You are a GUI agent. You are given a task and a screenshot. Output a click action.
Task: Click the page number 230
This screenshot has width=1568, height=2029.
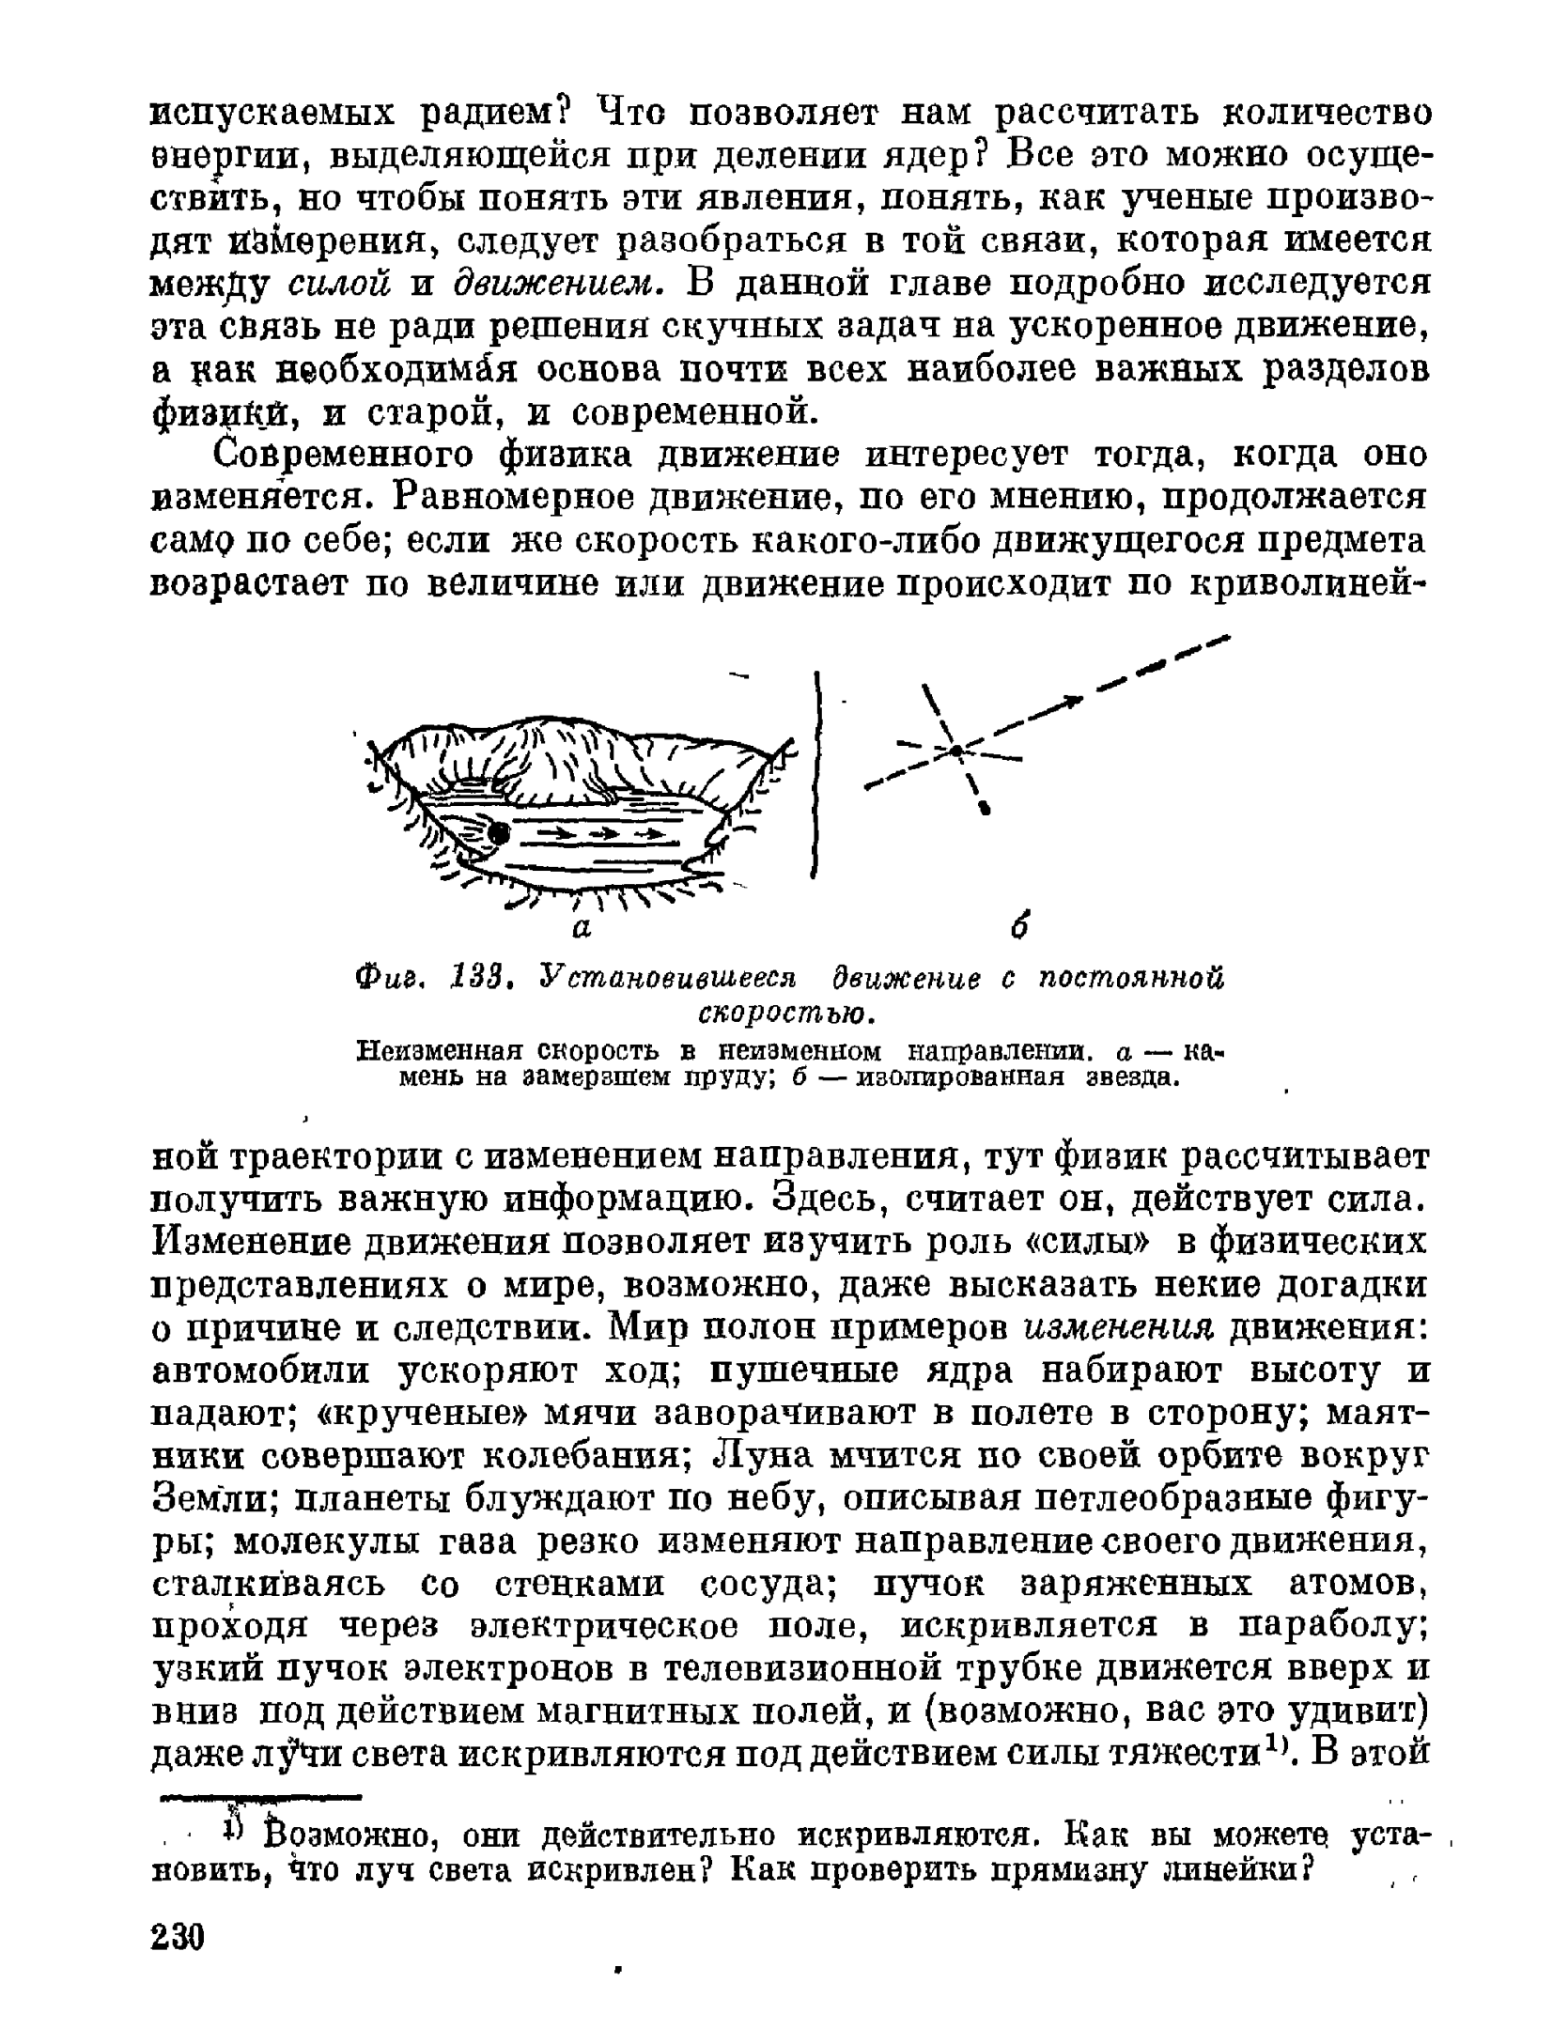(178, 1937)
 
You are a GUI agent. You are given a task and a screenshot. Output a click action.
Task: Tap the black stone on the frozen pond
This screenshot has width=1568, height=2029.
(499, 832)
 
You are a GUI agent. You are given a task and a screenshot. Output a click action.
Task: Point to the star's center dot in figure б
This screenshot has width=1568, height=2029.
(955, 751)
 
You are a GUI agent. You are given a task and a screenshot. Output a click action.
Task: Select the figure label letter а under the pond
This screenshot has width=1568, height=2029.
(582, 928)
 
